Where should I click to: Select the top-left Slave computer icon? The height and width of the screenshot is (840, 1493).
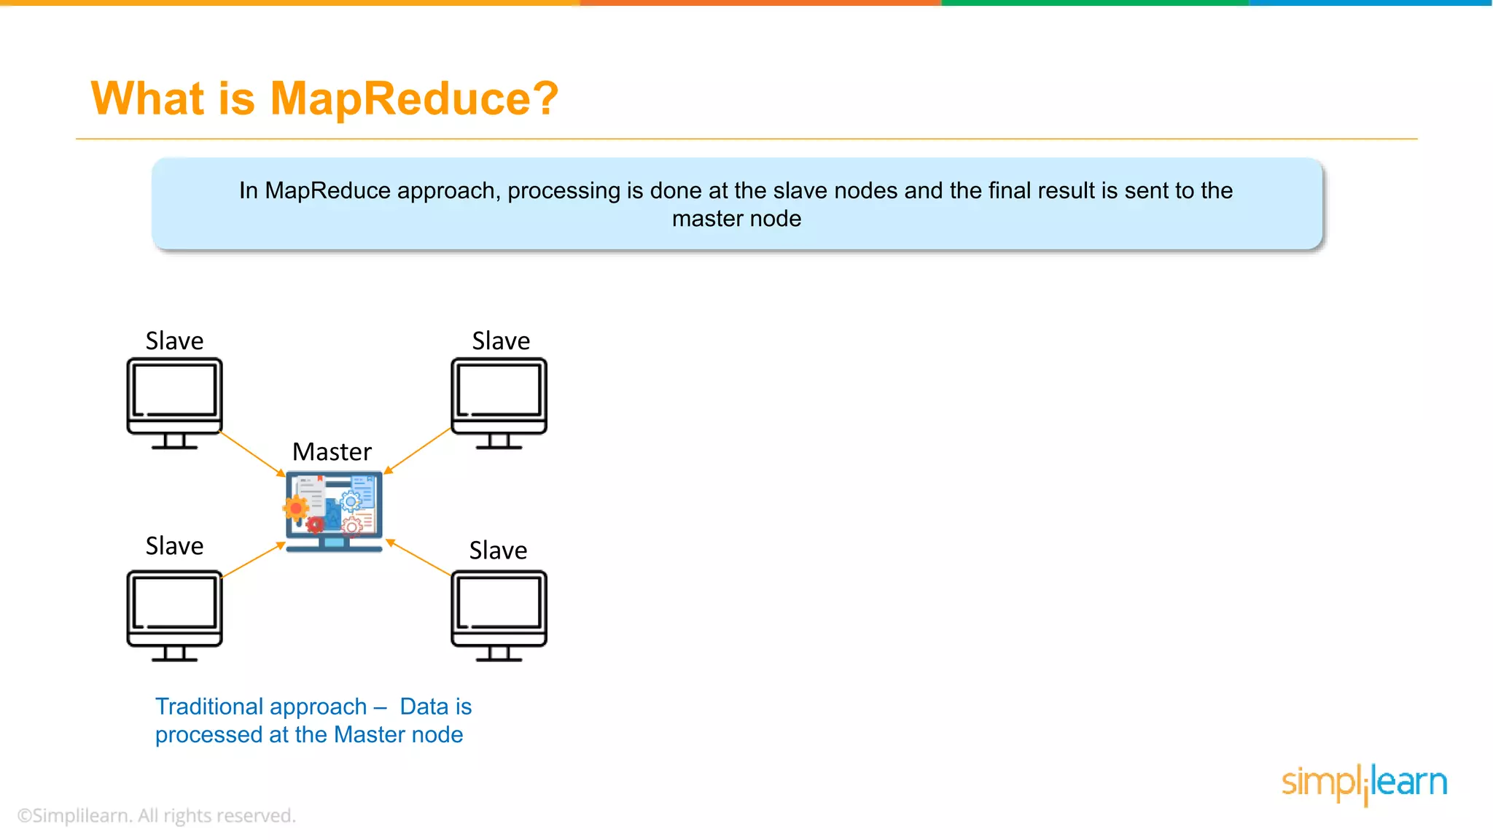[174, 402]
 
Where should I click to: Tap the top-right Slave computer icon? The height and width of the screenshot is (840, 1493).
[499, 402]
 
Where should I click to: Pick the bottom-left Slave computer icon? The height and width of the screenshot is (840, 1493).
[174, 615]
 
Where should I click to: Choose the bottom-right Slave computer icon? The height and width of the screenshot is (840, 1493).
[499, 615]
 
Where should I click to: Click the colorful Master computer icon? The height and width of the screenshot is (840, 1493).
[334, 511]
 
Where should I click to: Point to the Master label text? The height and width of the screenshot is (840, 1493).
[332, 452]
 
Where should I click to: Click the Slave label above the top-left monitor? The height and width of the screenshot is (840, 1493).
[174, 341]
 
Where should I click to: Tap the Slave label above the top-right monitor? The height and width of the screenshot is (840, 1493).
[501, 341]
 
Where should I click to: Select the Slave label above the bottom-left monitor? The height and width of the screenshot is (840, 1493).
[174, 546]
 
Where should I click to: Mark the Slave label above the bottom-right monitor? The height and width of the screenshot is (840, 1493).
[498, 551]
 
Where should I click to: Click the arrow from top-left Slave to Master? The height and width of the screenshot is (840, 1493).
[252, 454]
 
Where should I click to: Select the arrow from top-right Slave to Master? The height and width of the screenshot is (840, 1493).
[418, 451]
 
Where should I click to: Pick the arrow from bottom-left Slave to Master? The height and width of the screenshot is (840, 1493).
[252, 560]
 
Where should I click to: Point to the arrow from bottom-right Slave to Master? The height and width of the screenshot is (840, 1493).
[418, 558]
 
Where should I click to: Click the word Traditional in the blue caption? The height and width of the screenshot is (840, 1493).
[261, 707]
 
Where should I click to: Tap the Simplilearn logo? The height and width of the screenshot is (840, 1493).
[1364, 783]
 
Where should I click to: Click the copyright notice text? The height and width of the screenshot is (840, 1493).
[156, 815]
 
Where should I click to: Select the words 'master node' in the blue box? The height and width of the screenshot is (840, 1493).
[736, 219]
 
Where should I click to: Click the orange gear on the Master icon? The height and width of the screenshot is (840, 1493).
[296, 508]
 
